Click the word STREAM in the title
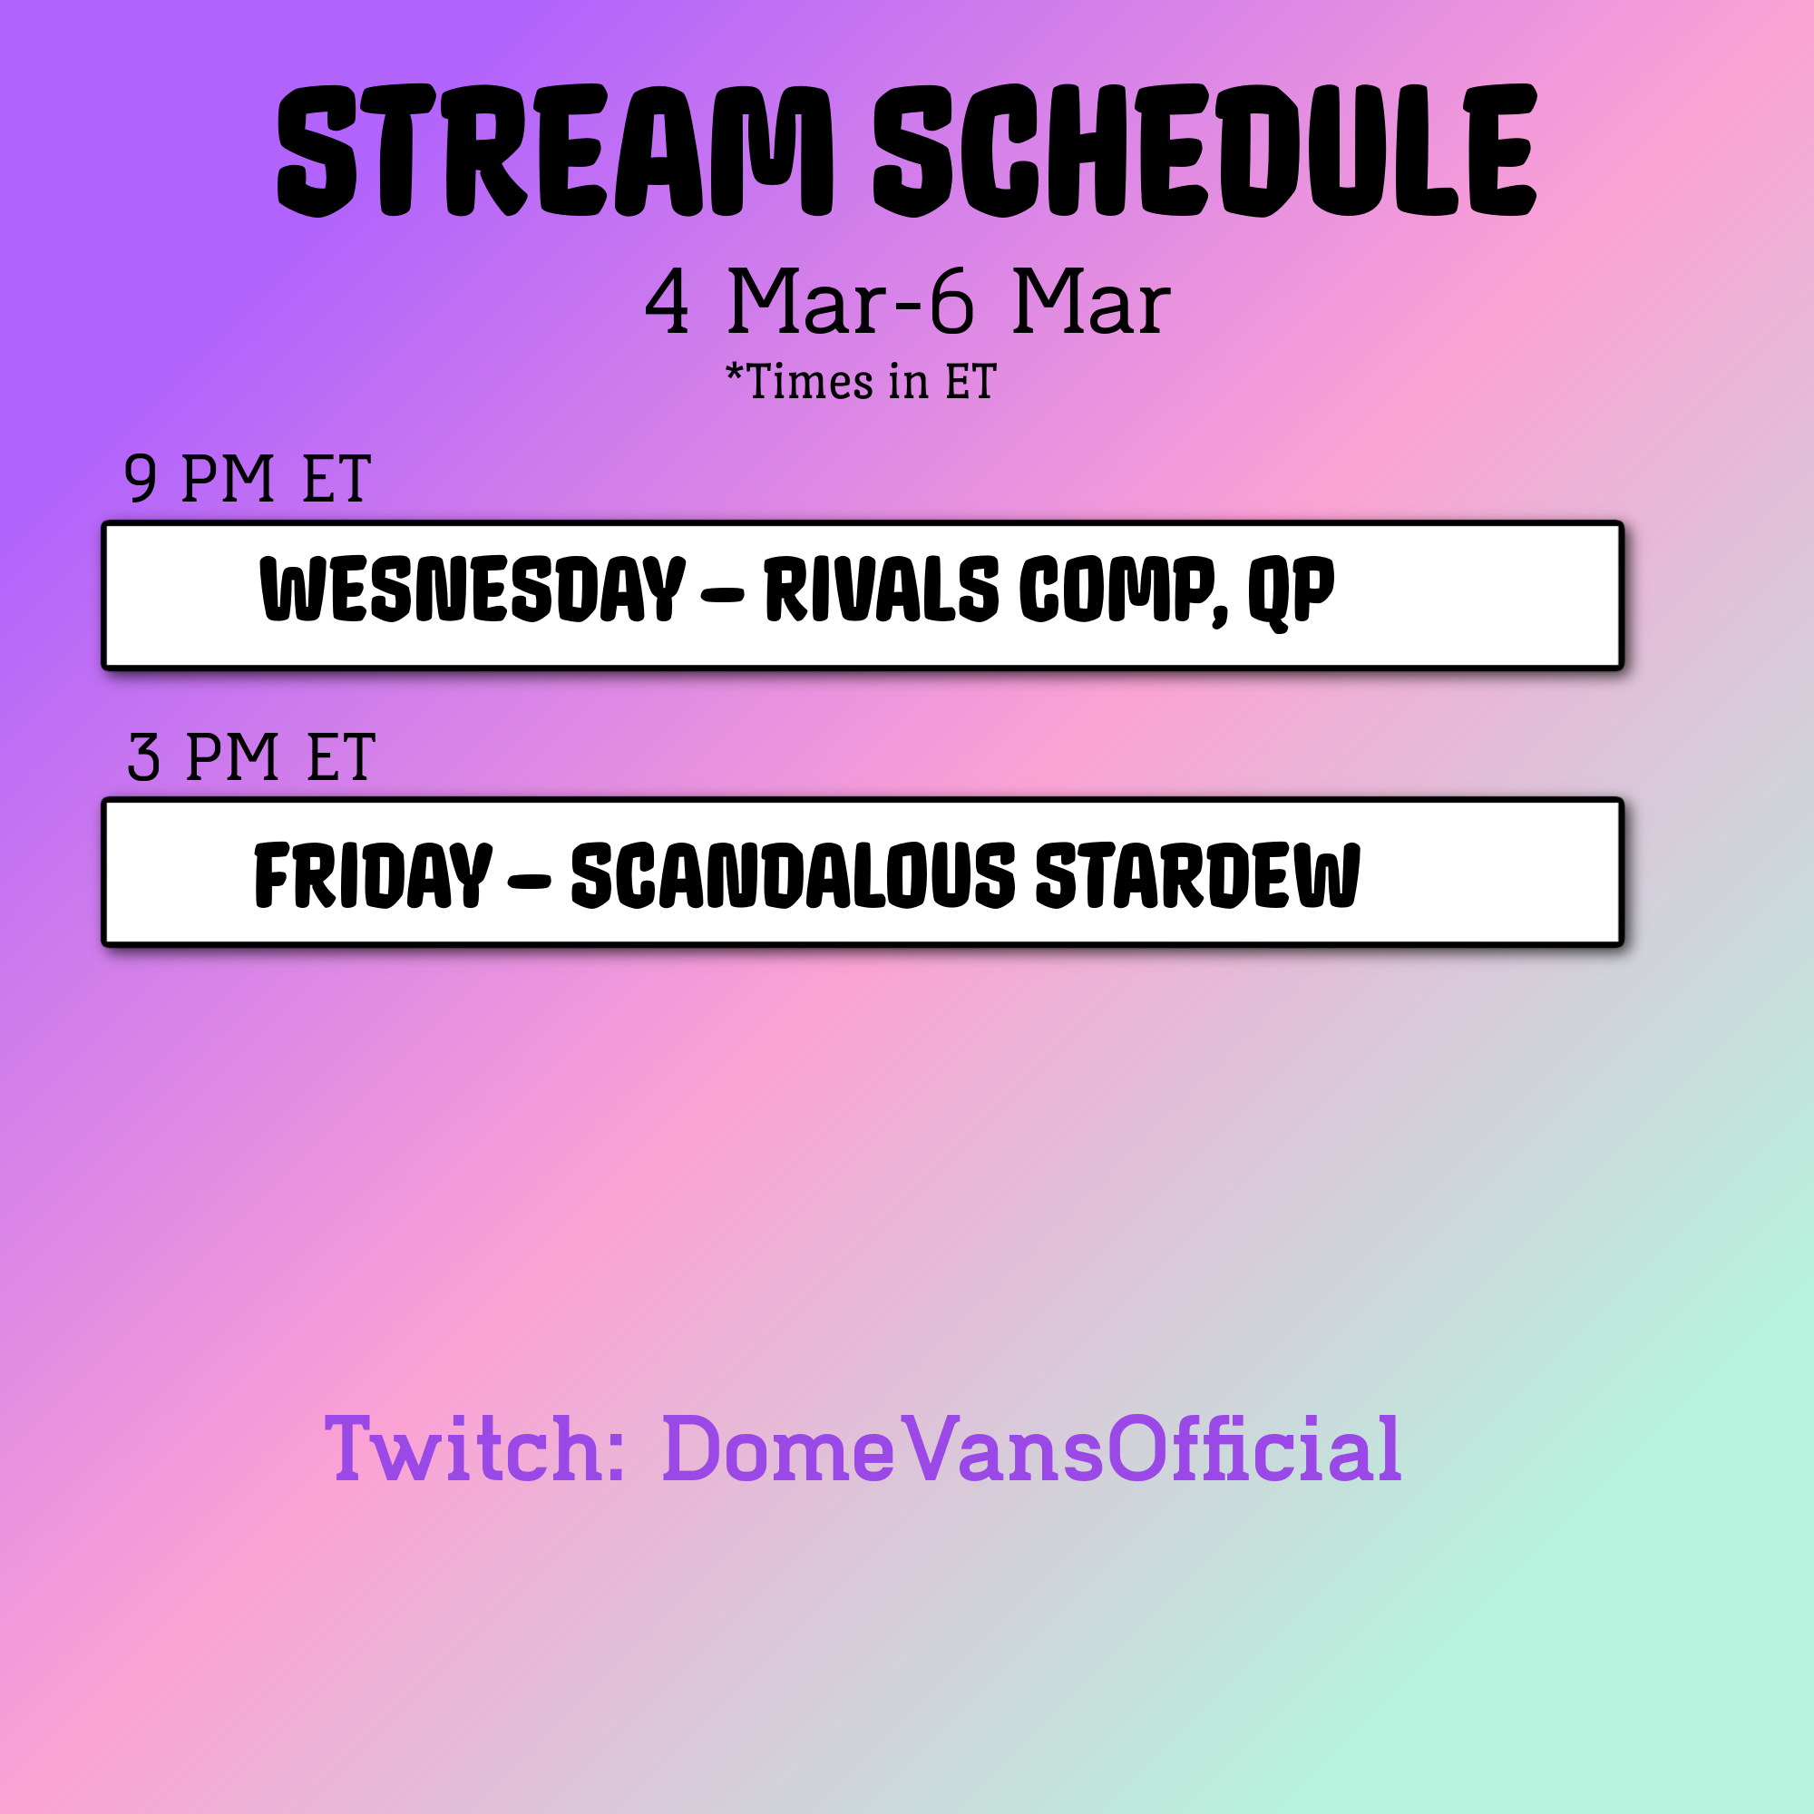[556, 151]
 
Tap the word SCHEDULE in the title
[1205, 151]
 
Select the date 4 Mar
[766, 301]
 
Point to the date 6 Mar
[1049, 301]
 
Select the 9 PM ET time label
[247, 479]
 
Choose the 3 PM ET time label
[250, 756]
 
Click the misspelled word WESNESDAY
[473, 589]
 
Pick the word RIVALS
[882, 589]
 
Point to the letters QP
[1291, 592]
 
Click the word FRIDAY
[373, 875]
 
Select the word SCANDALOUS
[794, 875]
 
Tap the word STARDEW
[1197, 875]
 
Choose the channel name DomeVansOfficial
[1032, 1448]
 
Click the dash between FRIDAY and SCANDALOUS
[531, 881]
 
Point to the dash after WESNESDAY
[723, 594]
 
